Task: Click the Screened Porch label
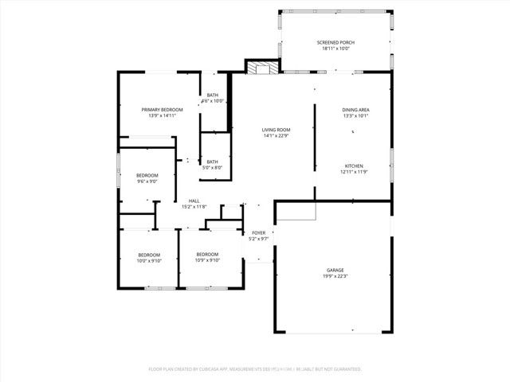(x=335, y=42)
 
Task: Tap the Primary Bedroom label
(x=162, y=109)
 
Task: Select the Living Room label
(x=277, y=130)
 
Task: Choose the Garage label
(x=335, y=270)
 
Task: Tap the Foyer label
(x=259, y=232)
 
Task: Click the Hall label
(x=194, y=201)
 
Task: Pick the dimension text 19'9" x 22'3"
(x=335, y=276)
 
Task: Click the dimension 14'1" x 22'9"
(x=277, y=136)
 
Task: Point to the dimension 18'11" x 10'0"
(x=335, y=49)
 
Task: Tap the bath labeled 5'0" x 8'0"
(x=212, y=165)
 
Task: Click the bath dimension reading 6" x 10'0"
(x=213, y=101)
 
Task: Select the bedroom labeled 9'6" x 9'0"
(x=147, y=178)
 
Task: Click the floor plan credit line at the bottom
(x=255, y=369)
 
